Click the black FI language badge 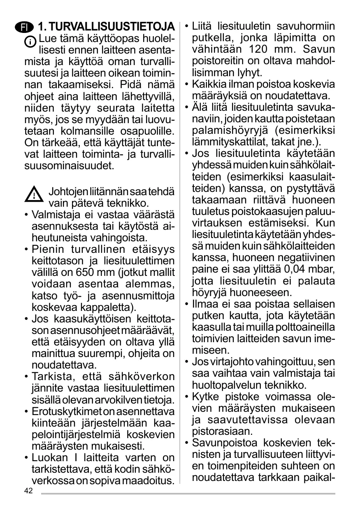point(24,28)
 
